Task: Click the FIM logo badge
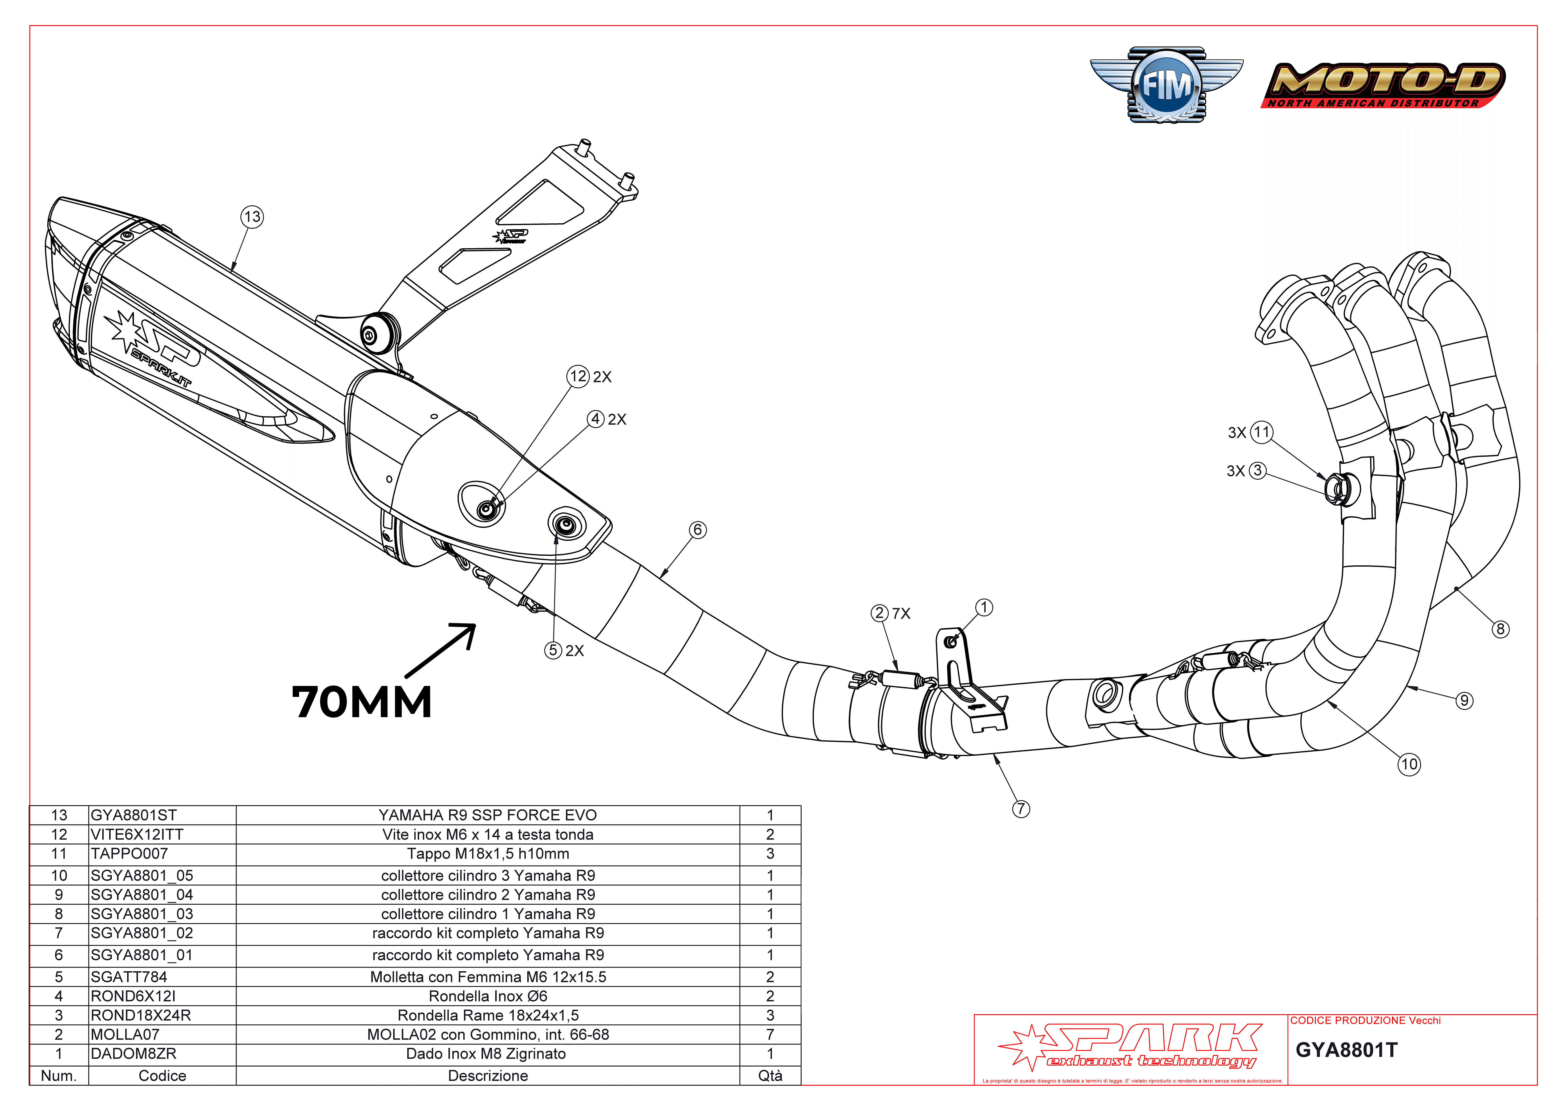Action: pyautogui.click(x=1166, y=85)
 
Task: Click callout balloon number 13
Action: pyautogui.click(x=252, y=217)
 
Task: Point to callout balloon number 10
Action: pyautogui.click(x=1409, y=764)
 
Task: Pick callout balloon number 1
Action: pyautogui.click(x=983, y=607)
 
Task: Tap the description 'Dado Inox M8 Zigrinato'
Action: pyautogui.click(x=486, y=1054)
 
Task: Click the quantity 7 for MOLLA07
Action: pyautogui.click(x=770, y=1035)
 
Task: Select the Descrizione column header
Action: pyautogui.click(x=488, y=1076)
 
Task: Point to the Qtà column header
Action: pyautogui.click(x=770, y=1076)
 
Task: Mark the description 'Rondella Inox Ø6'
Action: pyautogui.click(x=488, y=996)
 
